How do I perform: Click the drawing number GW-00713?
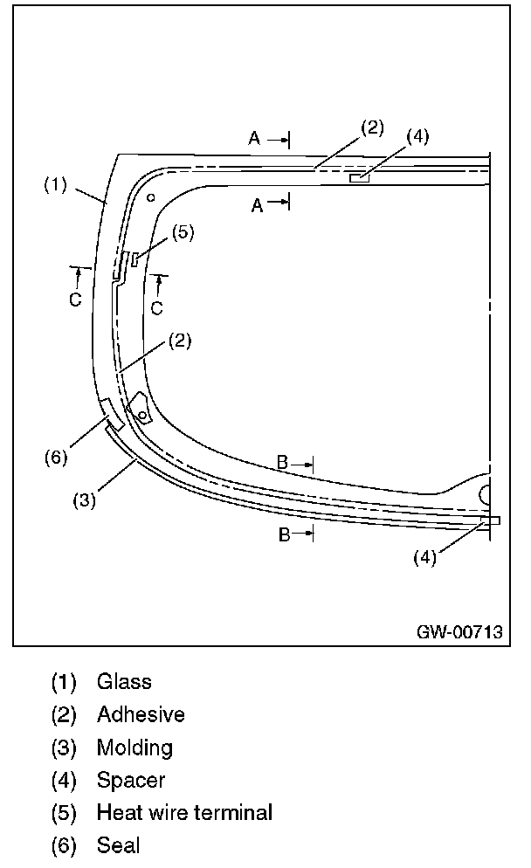click(x=459, y=633)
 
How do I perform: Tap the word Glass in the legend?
click(x=124, y=681)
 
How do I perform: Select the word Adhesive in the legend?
click(x=141, y=714)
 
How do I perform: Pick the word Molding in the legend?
click(x=134, y=747)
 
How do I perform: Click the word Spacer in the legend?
click(x=131, y=780)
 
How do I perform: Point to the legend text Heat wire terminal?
click(x=184, y=813)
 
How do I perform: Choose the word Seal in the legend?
click(x=118, y=845)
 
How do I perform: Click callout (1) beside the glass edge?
click(x=55, y=185)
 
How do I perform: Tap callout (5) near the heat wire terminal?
click(x=183, y=232)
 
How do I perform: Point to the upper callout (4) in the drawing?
click(x=417, y=136)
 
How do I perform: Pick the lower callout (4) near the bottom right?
click(x=424, y=558)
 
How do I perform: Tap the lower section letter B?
click(x=283, y=534)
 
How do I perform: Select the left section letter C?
click(x=76, y=299)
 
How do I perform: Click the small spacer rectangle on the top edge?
click(x=358, y=178)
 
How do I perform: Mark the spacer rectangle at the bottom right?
click(x=490, y=520)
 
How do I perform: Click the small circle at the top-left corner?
click(x=151, y=197)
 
